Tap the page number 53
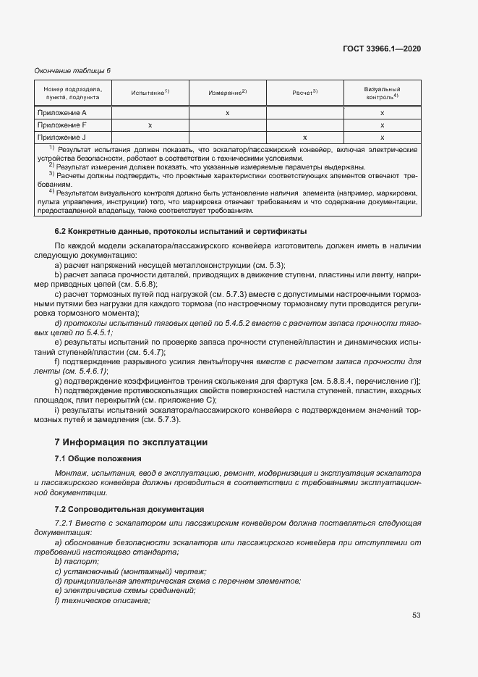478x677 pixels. (416, 615)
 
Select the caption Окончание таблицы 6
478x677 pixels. (72, 70)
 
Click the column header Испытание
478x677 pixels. (150, 93)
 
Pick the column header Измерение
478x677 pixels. (228, 93)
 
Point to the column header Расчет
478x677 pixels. (305, 93)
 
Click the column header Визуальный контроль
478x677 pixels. (383, 92)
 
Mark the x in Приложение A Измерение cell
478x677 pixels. (228, 113)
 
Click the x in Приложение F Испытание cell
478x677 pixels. (150, 125)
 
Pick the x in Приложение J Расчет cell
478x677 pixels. (305, 137)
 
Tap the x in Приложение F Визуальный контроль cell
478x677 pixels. (383, 125)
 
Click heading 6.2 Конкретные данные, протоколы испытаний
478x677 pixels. (181, 231)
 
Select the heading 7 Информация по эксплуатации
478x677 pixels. (131, 442)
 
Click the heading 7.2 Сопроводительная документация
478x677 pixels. (129, 509)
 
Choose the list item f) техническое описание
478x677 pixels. (102, 600)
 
